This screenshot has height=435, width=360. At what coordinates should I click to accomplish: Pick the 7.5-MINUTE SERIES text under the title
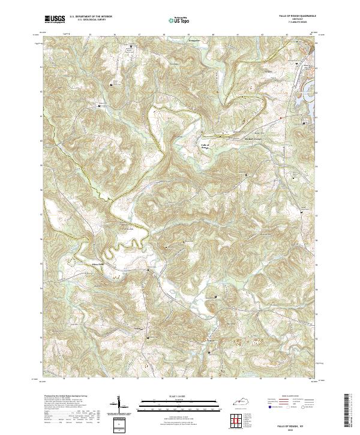(295, 23)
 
